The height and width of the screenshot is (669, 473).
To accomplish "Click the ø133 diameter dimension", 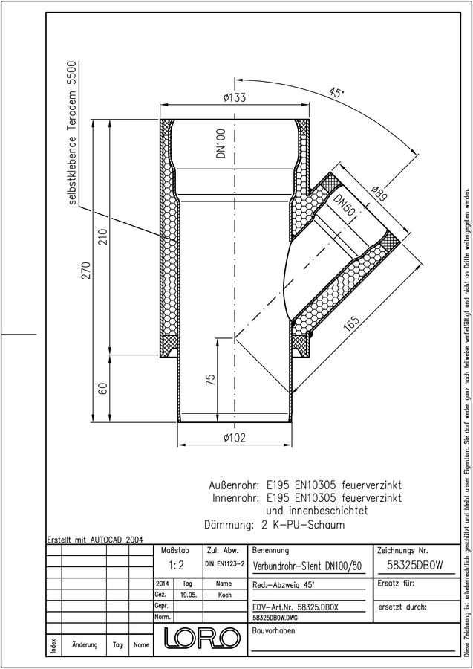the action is (235, 97).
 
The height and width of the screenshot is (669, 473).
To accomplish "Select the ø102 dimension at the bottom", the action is (235, 438).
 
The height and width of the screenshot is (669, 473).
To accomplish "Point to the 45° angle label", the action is (336, 93).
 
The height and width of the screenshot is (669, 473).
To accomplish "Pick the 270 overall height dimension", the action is (86, 271).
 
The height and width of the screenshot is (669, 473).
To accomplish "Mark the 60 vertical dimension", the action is (102, 388).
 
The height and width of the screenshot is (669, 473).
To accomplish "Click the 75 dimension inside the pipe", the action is (210, 378).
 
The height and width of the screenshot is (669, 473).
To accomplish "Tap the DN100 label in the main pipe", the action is (221, 144).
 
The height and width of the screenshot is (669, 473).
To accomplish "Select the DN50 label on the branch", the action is (344, 204).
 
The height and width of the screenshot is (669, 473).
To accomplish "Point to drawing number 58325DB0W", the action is (414, 566).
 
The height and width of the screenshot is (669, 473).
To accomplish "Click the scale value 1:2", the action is (175, 566).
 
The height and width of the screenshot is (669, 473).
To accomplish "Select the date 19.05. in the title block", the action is (188, 595).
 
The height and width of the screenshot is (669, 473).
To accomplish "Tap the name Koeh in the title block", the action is (224, 595).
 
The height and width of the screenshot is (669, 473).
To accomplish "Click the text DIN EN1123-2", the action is (224, 564).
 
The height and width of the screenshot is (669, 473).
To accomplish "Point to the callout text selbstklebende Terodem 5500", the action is (73, 133).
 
